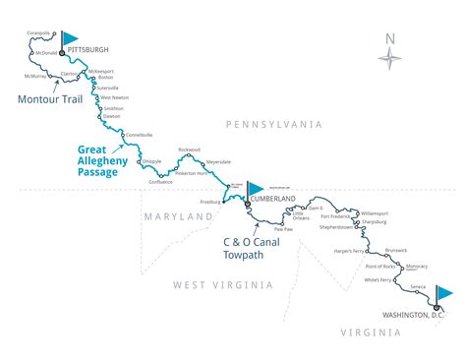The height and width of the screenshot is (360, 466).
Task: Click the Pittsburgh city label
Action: click(x=88, y=48)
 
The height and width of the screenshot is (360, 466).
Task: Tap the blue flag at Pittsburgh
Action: click(x=71, y=38)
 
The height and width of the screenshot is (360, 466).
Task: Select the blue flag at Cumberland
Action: click(x=256, y=187)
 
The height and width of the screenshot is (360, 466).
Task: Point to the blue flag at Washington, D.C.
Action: click(x=443, y=293)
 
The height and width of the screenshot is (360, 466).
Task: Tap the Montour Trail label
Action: click(x=48, y=99)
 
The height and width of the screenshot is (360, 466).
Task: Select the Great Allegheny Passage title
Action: click(x=110, y=161)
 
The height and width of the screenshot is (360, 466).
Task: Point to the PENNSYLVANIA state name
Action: click(x=273, y=125)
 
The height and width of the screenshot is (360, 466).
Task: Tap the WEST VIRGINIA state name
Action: click(x=222, y=284)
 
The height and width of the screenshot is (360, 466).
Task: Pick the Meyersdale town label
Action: click(x=216, y=160)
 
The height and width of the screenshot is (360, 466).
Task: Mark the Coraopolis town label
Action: click(x=38, y=31)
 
